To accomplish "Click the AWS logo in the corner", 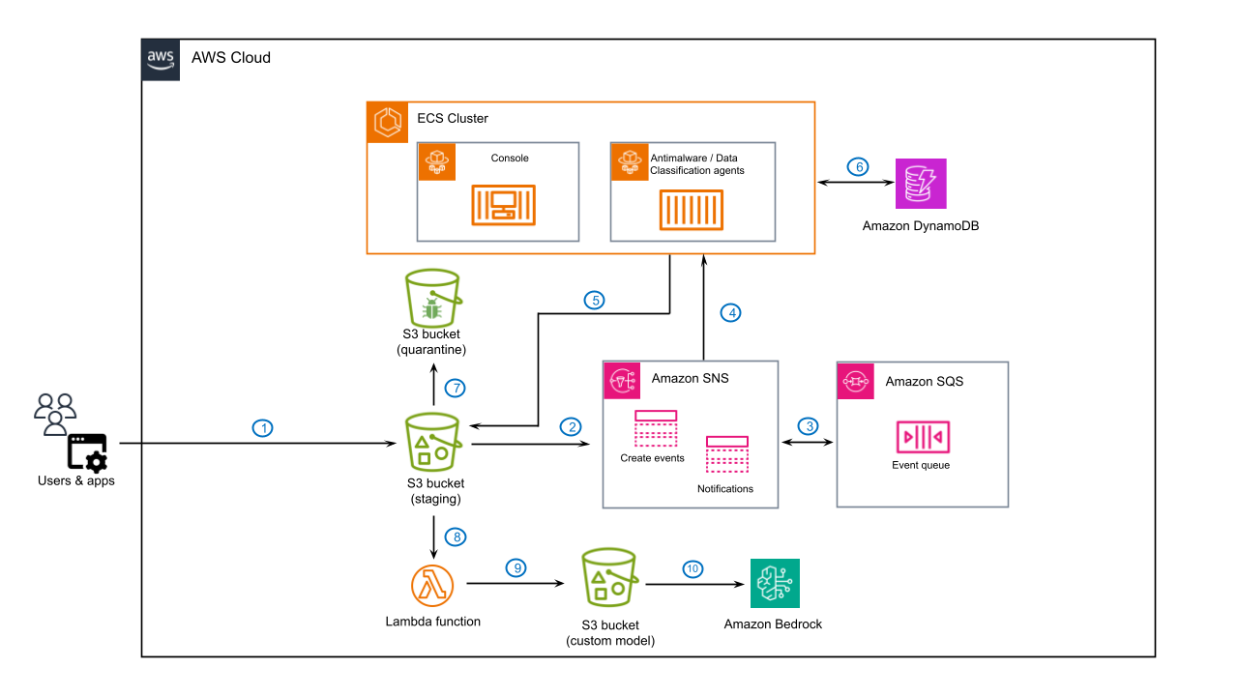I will click(x=161, y=58).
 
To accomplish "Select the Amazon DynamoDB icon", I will click(x=921, y=184).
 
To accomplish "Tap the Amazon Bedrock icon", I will click(x=775, y=583).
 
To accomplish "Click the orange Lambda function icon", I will click(x=432, y=585).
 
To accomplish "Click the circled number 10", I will click(x=692, y=568).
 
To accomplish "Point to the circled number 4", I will click(x=731, y=312).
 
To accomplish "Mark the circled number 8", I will click(x=455, y=536).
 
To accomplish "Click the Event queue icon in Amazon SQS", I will click(x=921, y=437).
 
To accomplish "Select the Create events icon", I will click(x=655, y=429).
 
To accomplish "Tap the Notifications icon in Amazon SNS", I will click(x=726, y=455).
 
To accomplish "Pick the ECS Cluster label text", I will click(x=452, y=119).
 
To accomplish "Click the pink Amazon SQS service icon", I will click(x=855, y=381).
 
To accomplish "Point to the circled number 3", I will click(x=807, y=426).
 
